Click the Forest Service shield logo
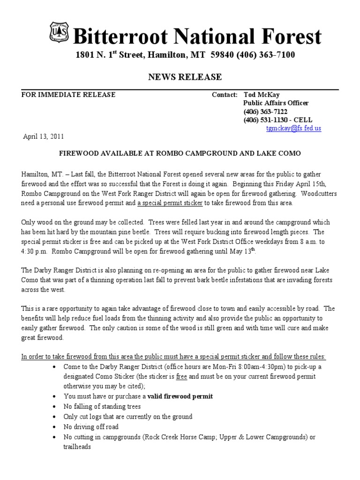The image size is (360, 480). coord(59,32)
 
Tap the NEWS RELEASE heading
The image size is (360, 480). coord(185,77)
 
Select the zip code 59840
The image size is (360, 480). coord(221,55)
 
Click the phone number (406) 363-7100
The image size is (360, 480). coord(265,55)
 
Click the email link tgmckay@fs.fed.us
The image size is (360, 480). coord(293,128)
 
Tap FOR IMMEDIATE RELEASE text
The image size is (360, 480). coord(68,95)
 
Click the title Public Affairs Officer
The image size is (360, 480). coord(276,103)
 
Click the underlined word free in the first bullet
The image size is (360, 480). coord(182,376)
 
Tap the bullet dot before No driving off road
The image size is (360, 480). coord(56,427)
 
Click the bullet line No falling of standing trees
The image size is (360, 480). coord(102,406)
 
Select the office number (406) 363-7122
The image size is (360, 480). coord(265,112)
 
